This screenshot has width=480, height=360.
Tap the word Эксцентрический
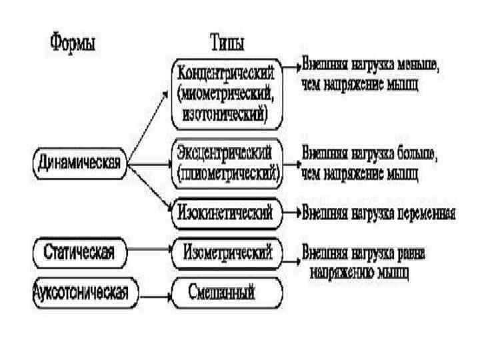pos(225,152)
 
